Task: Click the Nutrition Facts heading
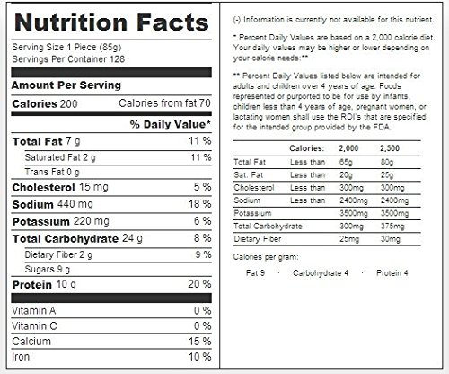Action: click(x=111, y=22)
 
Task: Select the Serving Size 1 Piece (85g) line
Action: click(x=66, y=48)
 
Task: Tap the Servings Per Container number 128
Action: click(x=117, y=59)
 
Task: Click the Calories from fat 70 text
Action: click(x=164, y=103)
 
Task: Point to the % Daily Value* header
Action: click(x=171, y=124)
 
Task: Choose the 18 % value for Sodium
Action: click(x=199, y=204)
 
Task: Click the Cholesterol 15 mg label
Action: click(x=60, y=187)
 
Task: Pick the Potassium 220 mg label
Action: click(x=61, y=221)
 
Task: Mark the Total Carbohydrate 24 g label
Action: click(x=77, y=238)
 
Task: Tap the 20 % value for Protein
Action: click(x=199, y=284)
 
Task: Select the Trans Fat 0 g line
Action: click(x=52, y=172)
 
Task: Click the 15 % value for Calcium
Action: click(x=199, y=341)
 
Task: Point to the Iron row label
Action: click(x=21, y=357)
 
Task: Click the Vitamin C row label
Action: click(x=34, y=325)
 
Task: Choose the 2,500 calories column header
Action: click(x=390, y=148)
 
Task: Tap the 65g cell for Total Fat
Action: click(x=346, y=162)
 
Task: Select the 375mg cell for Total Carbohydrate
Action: click(x=392, y=227)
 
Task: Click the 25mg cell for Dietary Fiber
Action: click(x=349, y=239)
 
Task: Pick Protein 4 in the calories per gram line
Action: click(x=392, y=273)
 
